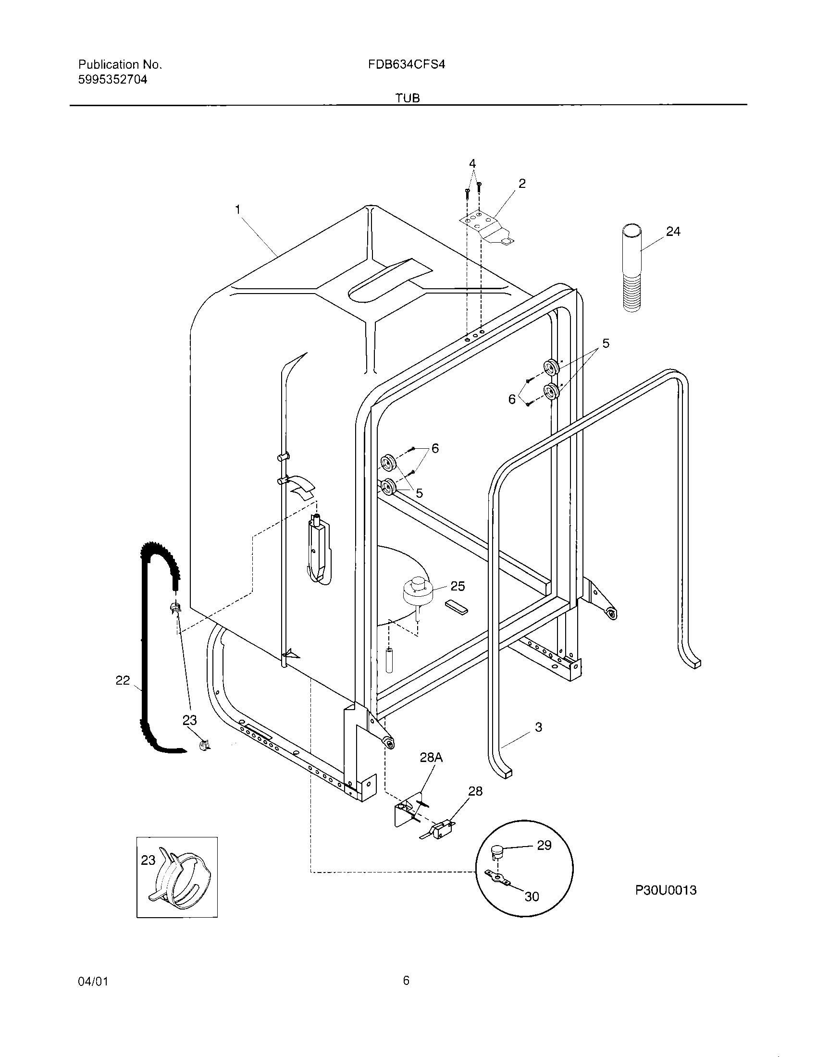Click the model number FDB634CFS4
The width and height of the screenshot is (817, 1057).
[x=406, y=64]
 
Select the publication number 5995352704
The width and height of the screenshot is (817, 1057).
[x=113, y=80]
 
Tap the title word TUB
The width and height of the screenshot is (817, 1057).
[x=408, y=98]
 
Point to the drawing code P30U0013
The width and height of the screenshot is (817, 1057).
[x=666, y=890]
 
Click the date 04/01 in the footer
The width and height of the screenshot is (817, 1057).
[x=92, y=982]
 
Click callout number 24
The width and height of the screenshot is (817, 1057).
[x=673, y=232]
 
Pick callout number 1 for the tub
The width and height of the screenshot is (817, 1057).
[x=237, y=209]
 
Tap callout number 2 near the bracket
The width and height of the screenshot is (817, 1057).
[x=522, y=184]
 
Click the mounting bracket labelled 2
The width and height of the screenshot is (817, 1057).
[x=486, y=227]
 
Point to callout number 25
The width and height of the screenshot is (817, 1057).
[x=458, y=587]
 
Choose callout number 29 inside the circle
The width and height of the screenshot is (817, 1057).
[x=544, y=846]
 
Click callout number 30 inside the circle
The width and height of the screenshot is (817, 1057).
[x=532, y=897]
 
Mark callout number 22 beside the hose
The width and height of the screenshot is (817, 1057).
[x=123, y=681]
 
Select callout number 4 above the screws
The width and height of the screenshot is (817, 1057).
[x=472, y=163]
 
